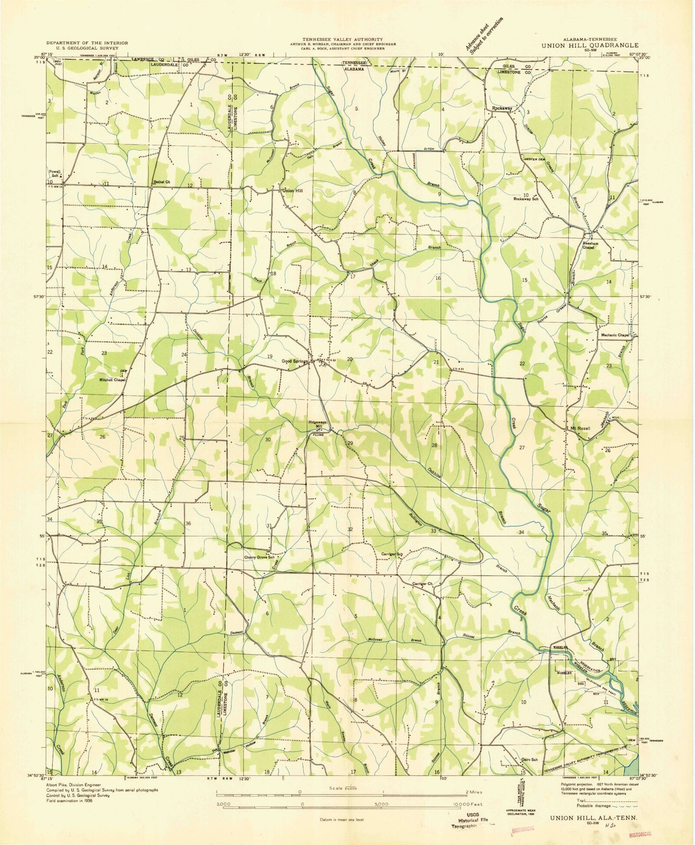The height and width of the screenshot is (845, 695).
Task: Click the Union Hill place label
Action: [x=293, y=190]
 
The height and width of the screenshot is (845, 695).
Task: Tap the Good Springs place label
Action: [x=295, y=362]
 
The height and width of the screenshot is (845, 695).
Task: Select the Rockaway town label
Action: [x=501, y=108]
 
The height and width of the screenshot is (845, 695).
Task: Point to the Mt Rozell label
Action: [x=580, y=428]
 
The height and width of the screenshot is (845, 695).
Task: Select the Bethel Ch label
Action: [x=162, y=182]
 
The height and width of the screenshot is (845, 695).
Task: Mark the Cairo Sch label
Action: [x=529, y=759]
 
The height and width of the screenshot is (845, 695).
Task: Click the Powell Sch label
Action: [x=55, y=173]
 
